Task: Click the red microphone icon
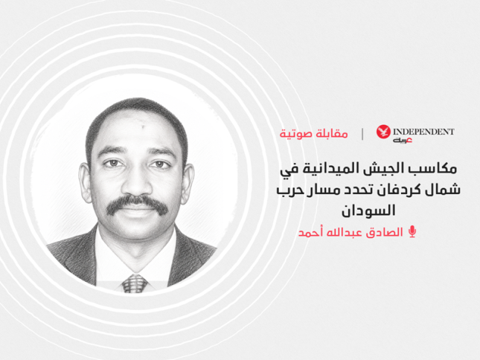[412, 232]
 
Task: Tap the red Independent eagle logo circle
[383, 132]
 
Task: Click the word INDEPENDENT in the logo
[423, 132]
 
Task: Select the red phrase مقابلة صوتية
[313, 134]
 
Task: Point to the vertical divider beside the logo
[362, 134]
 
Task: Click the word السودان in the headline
[368, 210]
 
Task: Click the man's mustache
[137, 204]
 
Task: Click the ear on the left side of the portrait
[85, 182]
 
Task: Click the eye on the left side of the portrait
[113, 163]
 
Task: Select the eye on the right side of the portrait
[160, 164]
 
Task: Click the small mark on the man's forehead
[143, 125]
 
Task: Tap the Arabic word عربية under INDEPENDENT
[403, 141]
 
